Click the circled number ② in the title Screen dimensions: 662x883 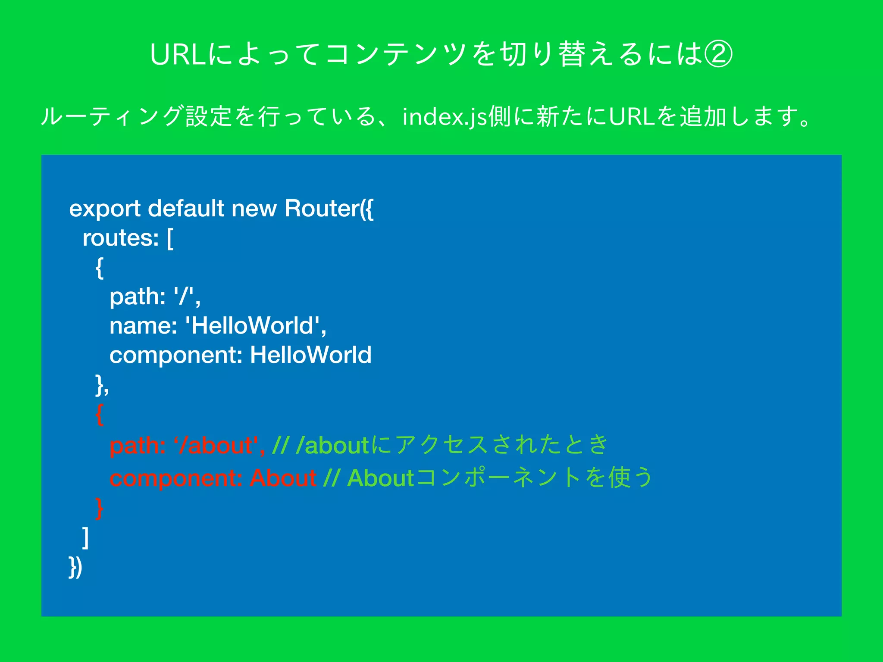[x=718, y=55]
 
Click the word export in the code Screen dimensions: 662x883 [x=105, y=209]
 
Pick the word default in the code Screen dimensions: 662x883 [x=186, y=209]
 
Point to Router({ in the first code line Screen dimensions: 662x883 [x=329, y=209]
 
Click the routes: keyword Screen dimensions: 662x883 [x=121, y=238]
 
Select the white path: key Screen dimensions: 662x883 [x=138, y=297]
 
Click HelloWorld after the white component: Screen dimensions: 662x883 [x=310, y=355]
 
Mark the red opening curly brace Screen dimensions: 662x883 [x=100, y=415]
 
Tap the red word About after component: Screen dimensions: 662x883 [x=283, y=478]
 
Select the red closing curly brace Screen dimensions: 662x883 [x=100, y=509]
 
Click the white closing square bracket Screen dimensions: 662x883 [x=86, y=537]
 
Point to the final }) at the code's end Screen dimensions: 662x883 [x=75, y=567]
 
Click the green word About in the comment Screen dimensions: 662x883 [x=381, y=478]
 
